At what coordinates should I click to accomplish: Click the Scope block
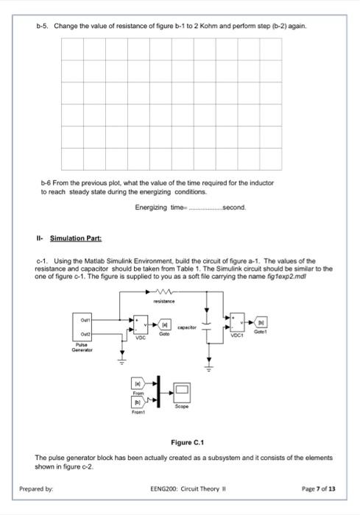coord(183,391)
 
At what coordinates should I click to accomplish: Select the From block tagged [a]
coord(137,383)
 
